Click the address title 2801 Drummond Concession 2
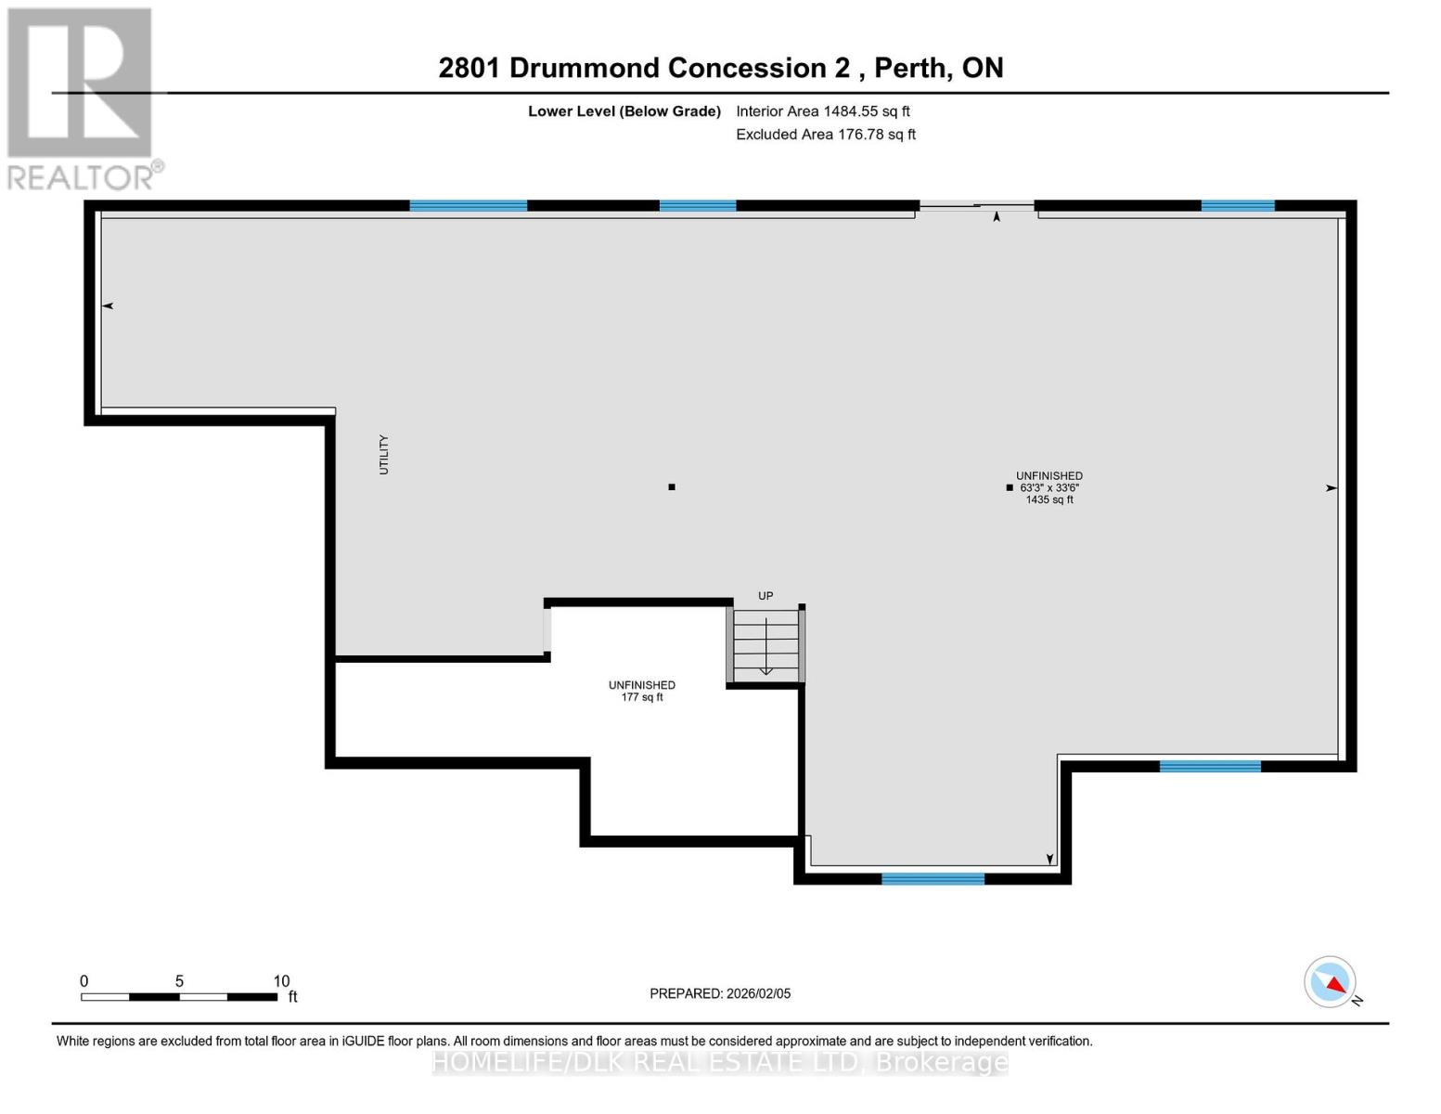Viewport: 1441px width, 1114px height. (x=720, y=68)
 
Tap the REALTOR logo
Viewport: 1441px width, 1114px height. (x=82, y=97)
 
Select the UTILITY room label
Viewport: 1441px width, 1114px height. (x=384, y=455)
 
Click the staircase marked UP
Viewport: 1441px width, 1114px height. (x=766, y=645)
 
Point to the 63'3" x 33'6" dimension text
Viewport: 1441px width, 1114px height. (x=1049, y=487)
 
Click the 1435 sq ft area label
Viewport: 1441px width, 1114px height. (x=1049, y=499)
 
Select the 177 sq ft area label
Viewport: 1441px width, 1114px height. (x=642, y=697)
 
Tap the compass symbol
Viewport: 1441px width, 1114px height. (x=1331, y=982)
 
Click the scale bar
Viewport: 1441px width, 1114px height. (x=179, y=997)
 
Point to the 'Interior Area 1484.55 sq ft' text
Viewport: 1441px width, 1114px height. (x=823, y=111)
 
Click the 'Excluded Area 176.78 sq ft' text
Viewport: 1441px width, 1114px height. (x=826, y=135)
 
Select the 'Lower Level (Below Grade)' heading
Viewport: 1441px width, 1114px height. (x=624, y=111)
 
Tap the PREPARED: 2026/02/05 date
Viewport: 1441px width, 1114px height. (x=720, y=993)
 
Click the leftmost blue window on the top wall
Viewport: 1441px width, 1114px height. (x=469, y=206)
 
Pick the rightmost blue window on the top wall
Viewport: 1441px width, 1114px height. (x=1238, y=206)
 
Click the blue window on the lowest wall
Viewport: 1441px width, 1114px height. (x=933, y=878)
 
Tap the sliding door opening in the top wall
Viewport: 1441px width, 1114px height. (x=976, y=206)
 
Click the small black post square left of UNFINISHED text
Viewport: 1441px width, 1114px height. (x=1010, y=487)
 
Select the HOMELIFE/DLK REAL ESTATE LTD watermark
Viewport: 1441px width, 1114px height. (x=720, y=1062)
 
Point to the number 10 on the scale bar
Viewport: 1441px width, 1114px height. (x=282, y=981)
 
